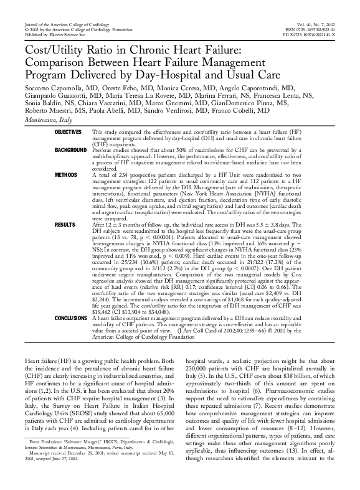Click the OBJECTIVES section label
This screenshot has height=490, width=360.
pyautogui.click(x=68, y=133)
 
